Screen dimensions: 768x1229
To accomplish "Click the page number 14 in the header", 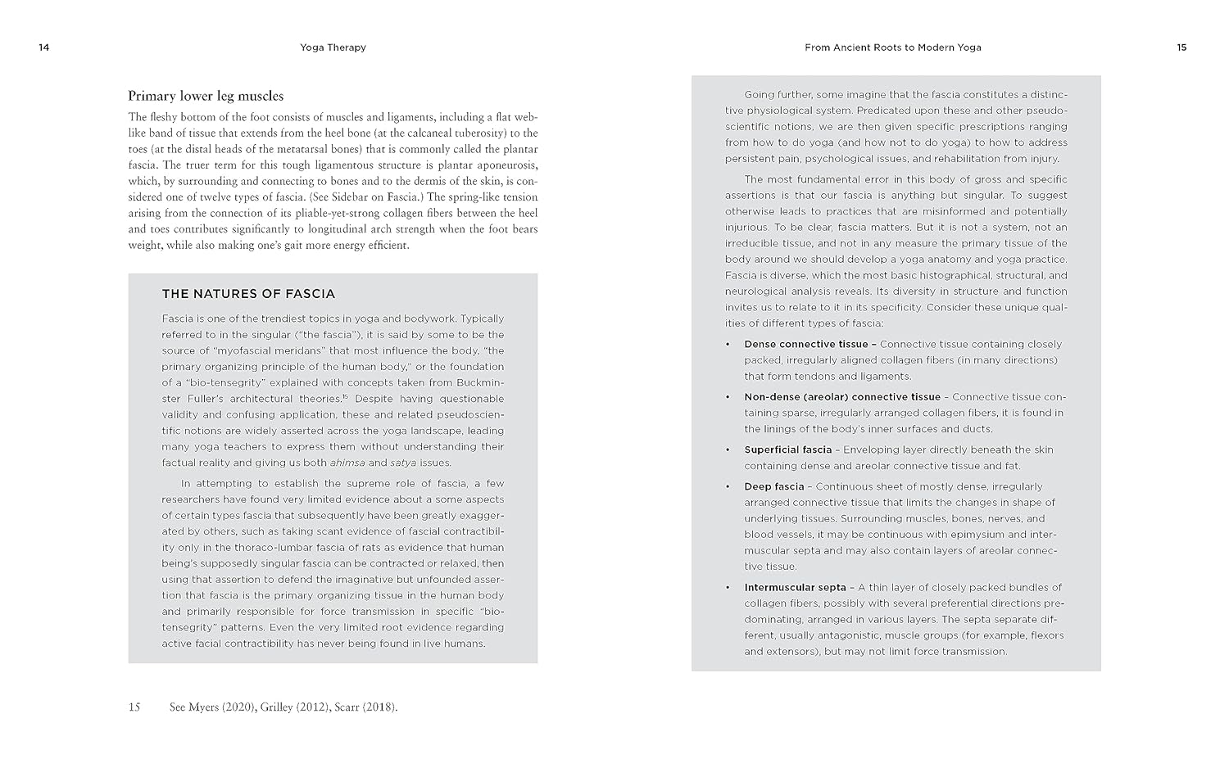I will pyautogui.click(x=44, y=47).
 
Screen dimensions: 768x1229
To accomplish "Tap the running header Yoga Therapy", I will pyautogui.click(x=333, y=47).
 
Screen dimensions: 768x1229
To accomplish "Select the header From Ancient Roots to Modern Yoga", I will pyautogui.click(x=892, y=47).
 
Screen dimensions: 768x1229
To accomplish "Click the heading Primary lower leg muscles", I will pyautogui.click(x=206, y=96).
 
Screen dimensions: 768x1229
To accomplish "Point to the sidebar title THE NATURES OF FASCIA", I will pyautogui.click(x=248, y=294).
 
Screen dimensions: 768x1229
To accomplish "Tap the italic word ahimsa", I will pyautogui.click(x=347, y=463).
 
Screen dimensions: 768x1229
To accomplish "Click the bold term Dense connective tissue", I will pyautogui.click(x=805, y=344).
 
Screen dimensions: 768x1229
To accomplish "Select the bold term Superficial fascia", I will pyautogui.click(x=787, y=450).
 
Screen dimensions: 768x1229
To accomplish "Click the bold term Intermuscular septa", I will pyautogui.click(x=795, y=587).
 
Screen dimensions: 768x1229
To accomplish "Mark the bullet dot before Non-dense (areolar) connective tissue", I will pyautogui.click(x=728, y=397).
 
